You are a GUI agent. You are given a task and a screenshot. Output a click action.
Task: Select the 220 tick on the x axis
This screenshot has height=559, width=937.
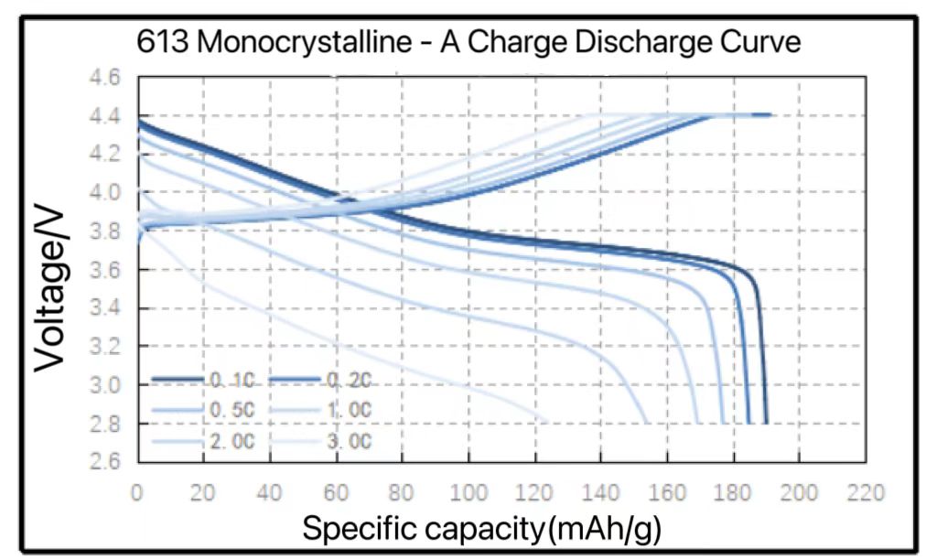pos(866,493)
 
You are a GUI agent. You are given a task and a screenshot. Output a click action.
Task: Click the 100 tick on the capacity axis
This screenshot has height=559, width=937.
pos(468,493)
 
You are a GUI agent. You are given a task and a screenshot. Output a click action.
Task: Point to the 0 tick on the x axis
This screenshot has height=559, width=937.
pos(137,493)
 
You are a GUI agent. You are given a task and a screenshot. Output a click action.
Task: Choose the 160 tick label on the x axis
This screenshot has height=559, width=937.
pos(667,493)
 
